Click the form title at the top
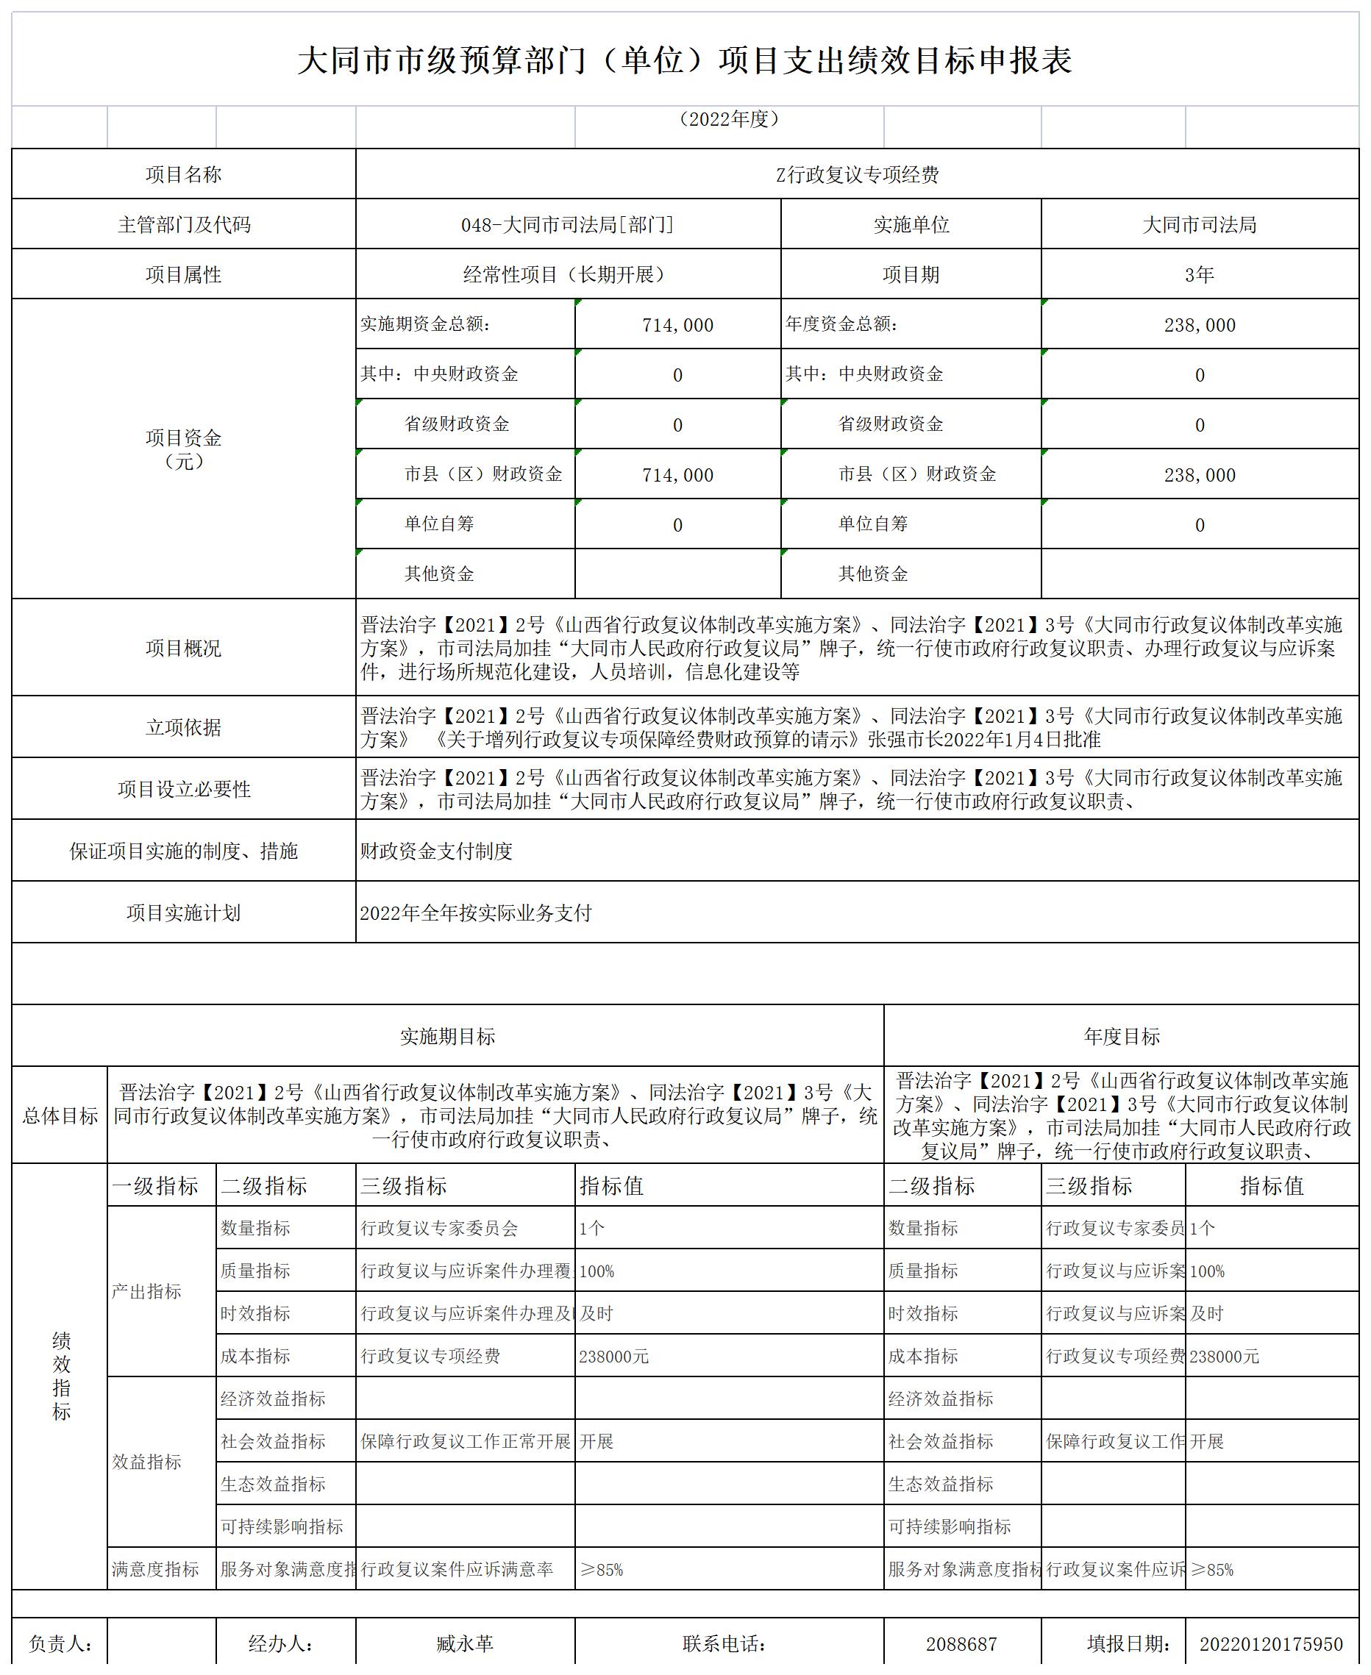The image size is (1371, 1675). coord(684,60)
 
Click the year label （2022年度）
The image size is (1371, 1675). coord(729,119)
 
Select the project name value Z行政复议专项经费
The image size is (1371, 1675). coord(857,174)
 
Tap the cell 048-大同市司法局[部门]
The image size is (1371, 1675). coord(568,225)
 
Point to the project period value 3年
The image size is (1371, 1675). coord(1199,275)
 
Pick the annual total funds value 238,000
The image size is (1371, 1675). coord(1199,325)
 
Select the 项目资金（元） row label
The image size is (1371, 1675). coord(183,449)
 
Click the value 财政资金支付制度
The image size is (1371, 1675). coord(437,851)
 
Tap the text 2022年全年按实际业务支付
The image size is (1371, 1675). coord(475,913)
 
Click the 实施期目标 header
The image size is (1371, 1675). coord(447,1037)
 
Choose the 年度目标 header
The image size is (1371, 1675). coord(1122,1037)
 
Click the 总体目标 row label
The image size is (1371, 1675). coord(60,1115)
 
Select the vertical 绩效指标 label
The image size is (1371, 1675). coord(61,1376)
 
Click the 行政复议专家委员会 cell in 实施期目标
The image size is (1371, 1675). coord(439,1228)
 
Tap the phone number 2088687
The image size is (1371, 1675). coord(961,1644)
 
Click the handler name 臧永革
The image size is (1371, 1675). coord(464,1644)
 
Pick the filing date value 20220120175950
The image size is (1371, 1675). coord(1271,1644)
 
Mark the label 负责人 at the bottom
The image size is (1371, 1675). coord(60,1644)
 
